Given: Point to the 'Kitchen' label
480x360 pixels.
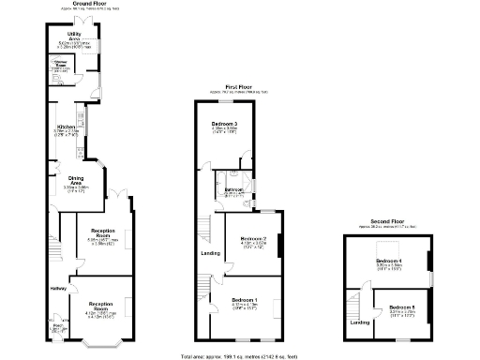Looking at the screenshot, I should (x=65, y=127).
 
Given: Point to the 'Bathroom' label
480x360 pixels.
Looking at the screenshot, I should (x=233, y=190).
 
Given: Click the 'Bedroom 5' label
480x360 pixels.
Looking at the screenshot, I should (x=402, y=307).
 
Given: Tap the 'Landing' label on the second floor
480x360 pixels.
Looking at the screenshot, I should (x=359, y=322).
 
